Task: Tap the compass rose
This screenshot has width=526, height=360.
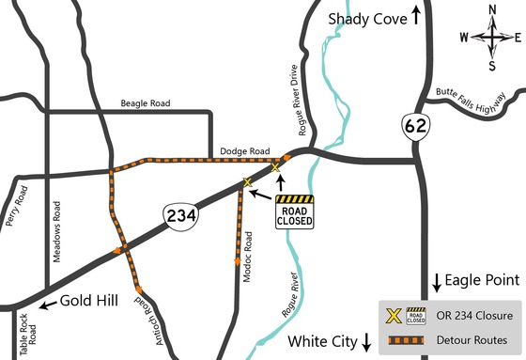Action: pos(491,39)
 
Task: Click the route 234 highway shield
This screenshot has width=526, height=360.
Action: pos(182,215)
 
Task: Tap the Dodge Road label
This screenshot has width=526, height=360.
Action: pos(244,150)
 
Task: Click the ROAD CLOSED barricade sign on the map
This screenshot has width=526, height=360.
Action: pos(294,211)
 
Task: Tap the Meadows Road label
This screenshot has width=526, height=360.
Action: pos(58,230)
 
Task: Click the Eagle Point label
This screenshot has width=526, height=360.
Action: pos(482,280)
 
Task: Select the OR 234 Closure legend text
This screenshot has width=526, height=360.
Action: pos(470,314)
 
